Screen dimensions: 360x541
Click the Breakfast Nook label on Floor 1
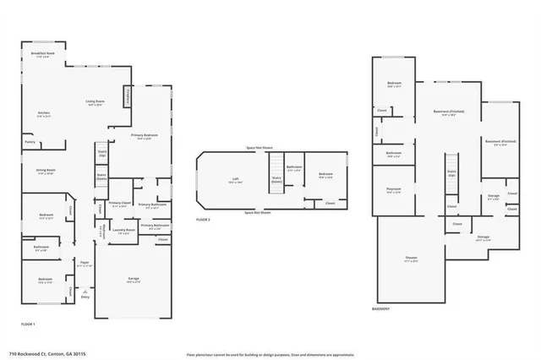[x=42, y=54]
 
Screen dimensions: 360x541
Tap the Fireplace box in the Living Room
[x=128, y=97]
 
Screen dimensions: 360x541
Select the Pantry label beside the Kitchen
[x=30, y=143]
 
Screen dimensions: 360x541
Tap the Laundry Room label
[x=124, y=231]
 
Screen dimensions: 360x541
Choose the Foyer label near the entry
[x=85, y=263]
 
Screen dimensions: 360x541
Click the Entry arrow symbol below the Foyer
[x=85, y=291]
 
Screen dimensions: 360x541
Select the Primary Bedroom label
[x=145, y=136]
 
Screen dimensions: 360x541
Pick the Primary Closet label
[x=119, y=204]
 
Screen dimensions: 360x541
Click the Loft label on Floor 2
[x=236, y=179]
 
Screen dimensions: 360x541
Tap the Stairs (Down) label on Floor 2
[x=276, y=178]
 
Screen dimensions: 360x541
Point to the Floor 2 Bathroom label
[x=294, y=167]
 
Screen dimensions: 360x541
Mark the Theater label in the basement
[x=411, y=260]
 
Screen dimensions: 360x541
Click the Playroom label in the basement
[x=393, y=190]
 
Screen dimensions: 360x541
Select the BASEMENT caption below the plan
[x=381, y=308]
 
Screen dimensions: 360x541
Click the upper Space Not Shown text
[x=260, y=148]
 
